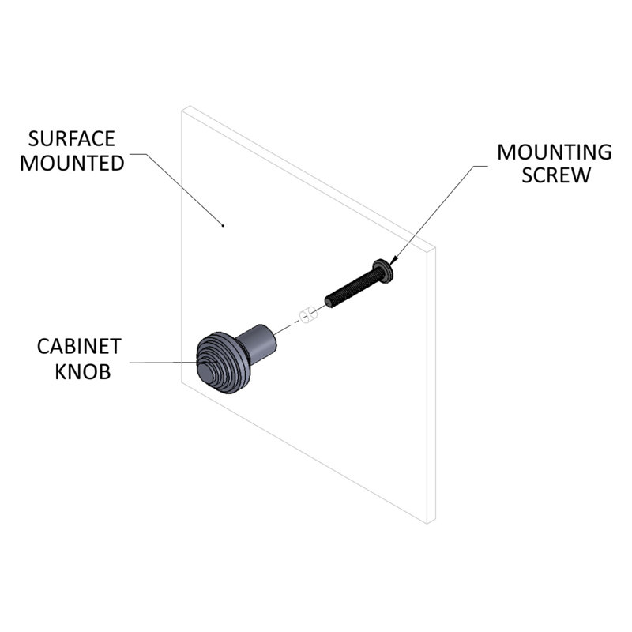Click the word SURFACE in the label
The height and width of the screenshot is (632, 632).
pyautogui.click(x=72, y=139)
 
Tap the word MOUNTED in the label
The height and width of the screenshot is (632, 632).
pyautogui.click(x=72, y=164)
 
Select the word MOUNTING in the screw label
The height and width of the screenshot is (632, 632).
pyautogui.click(x=555, y=152)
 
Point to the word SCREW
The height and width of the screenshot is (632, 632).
pyautogui.click(x=556, y=175)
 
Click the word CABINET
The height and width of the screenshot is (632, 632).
pyautogui.click(x=79, y=347)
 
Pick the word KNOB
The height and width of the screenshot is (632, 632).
pyautogui.click(x=83, y=371)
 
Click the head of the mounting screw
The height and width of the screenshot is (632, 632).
pyautogui.click(x=383, y=271)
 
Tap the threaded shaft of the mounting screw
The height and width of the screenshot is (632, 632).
pyautogui.click(x=352, y=288)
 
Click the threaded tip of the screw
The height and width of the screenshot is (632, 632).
pyautogui.click(x=329, y=302)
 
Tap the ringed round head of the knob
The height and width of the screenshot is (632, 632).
pyautogui.click(x=223, y=363)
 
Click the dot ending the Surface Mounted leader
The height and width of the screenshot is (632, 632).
pyautogui.click(x=223, y=225)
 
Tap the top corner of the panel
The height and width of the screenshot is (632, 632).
pyautogui.click(x=189, y=107)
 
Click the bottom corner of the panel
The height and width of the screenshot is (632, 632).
pyautogui.click(x=427, y=524)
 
